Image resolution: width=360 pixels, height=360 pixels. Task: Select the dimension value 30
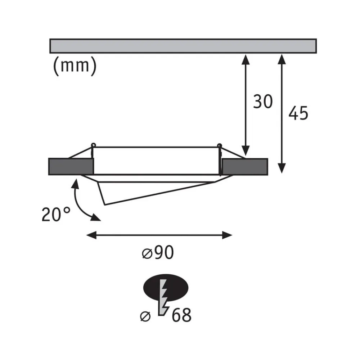tap(263, 102)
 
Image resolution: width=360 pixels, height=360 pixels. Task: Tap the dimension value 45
tap(298, 113)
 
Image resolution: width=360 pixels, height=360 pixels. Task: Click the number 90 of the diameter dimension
tap(164, 253)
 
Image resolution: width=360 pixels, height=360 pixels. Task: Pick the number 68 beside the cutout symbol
tap(181, 315)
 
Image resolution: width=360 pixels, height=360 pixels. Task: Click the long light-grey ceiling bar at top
tap(183, 46)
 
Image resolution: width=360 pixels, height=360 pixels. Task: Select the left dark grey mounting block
tap(71, 167)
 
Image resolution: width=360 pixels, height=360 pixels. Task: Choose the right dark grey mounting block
tap(245, 167)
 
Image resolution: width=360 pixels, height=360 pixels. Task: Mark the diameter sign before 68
tap(145, 316)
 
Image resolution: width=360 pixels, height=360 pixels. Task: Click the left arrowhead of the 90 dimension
tap(91, 235)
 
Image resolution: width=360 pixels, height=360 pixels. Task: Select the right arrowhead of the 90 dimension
tap(227, 235)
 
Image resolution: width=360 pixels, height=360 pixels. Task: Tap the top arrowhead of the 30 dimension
tap(246, 59)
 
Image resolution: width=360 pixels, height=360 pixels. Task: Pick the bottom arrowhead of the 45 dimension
tap(282, 168)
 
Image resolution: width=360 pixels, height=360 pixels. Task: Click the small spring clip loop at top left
tap(93, 145)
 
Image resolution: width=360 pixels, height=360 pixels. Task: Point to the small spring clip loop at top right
tap(220, 145)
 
